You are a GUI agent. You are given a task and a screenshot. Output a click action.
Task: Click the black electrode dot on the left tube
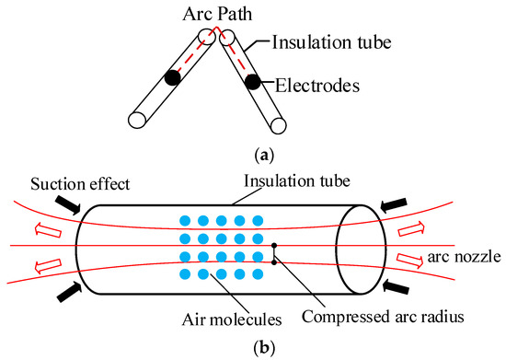click(x=171, y=78)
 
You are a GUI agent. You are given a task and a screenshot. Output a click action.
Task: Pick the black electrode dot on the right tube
click(x=250, y=81)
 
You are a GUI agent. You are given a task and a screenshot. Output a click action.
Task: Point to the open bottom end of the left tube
click(x=137, y=119)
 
